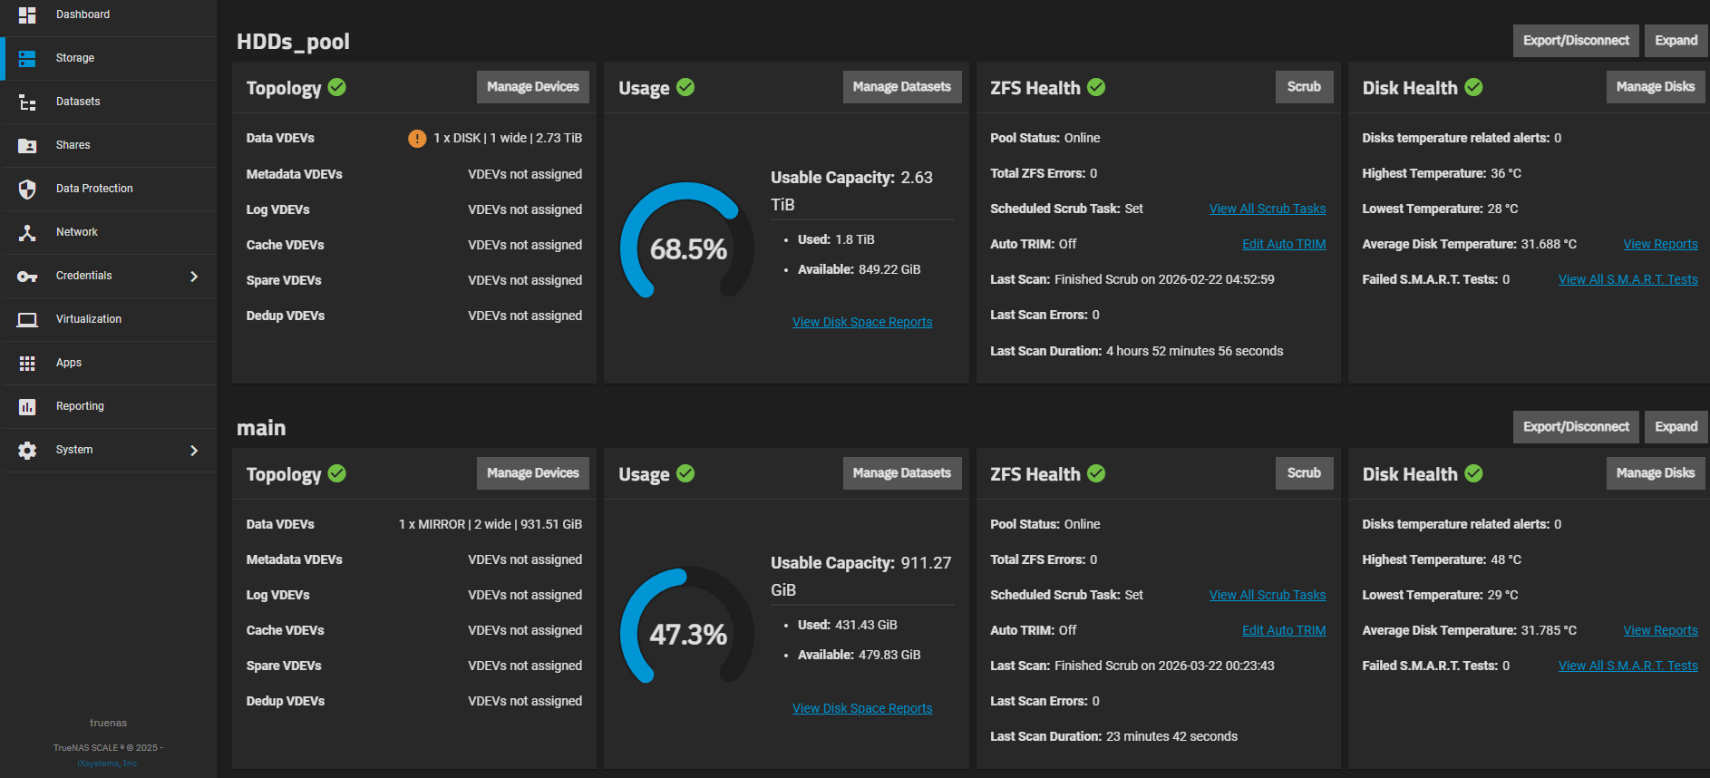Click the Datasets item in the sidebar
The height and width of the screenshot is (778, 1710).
(x=78, y=102)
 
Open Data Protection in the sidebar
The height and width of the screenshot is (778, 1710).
(x=94, y=189)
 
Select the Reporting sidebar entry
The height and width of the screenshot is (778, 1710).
(x=80, y=406)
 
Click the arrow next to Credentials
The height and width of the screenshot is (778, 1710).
(x=194, y=276)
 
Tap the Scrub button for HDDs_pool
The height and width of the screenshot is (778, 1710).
(x=1304, y=87)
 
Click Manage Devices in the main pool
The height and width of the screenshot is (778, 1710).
(x=532, y=473)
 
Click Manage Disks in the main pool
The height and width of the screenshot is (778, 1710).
(x=1655, y=473)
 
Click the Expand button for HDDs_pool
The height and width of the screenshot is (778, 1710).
(x=1676, y=41)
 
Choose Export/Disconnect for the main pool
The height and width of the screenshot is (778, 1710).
(x=1575, y=427)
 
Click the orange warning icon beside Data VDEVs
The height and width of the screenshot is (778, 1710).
(x=417, y=139)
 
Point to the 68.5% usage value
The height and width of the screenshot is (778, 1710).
(x=688, y=249)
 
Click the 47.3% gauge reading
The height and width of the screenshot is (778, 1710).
(x=688, y=635)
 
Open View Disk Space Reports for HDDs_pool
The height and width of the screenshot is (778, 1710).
(x=862, y=322)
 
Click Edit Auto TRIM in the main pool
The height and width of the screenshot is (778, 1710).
(x=1283, y=630)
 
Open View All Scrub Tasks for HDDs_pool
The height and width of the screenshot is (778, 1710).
(x=1267, y=209)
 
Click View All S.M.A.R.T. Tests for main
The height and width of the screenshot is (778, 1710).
(x=1627, y=666)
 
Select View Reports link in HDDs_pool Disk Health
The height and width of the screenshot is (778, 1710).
(x=1660, y=244)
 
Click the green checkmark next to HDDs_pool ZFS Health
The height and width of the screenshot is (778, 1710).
(x=1096, y=87)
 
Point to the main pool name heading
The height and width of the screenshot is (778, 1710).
(x=261, y=428)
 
